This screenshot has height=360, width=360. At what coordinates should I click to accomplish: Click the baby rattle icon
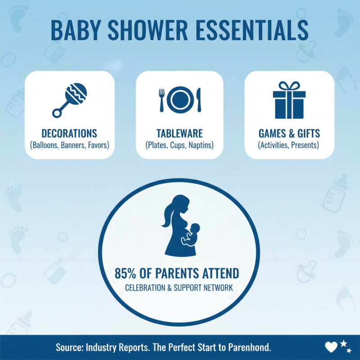(x=70, y=100)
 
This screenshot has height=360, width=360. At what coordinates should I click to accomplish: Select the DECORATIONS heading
(x=69, y=134)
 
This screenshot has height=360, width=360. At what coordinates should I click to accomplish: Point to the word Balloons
(x=47, y=145)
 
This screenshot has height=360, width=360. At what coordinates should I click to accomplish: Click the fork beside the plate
(x=162, y=99)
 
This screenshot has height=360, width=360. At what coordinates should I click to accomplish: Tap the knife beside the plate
(x=198, y=99)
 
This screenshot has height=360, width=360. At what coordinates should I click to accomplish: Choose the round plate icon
(x=180, y=99)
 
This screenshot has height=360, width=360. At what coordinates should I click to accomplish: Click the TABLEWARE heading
(x=180, y=134)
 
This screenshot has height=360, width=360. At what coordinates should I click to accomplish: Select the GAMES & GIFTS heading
(x=289, y=134)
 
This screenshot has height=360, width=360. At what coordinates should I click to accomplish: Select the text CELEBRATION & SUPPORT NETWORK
(x=180, y=288)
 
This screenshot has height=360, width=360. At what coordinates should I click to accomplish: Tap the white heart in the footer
(x=331, y=346)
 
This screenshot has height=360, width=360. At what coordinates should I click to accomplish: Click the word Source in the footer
(x=69, y=347)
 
